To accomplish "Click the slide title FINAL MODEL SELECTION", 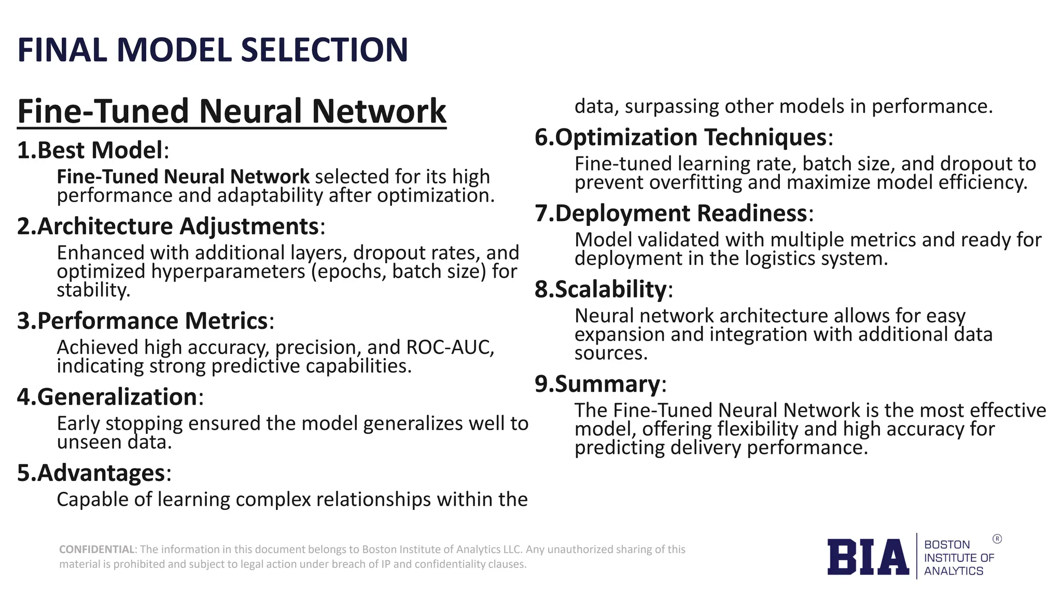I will (x=213, y=50).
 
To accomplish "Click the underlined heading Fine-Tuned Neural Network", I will (x=231, y=111).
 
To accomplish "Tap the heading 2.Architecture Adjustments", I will (x=171, y=226).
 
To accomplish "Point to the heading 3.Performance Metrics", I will (x=145, y=321).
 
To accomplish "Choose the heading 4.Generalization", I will (x=110, y=397).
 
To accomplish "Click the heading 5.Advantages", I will (x=94, y=473).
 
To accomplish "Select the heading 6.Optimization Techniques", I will (x=683, y=137).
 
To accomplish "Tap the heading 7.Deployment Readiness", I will (x=674, y=214).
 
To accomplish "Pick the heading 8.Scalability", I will (x=603, y=289).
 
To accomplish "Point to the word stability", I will (x=93, y=290).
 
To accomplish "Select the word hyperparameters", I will (x=228, y=272).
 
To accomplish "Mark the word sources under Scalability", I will (x=611, y=353).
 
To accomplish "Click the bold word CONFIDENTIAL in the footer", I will (x=97, y=549).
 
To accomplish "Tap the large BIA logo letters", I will (x=868, y=557).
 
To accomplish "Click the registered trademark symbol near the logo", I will (x=997, y=539).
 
